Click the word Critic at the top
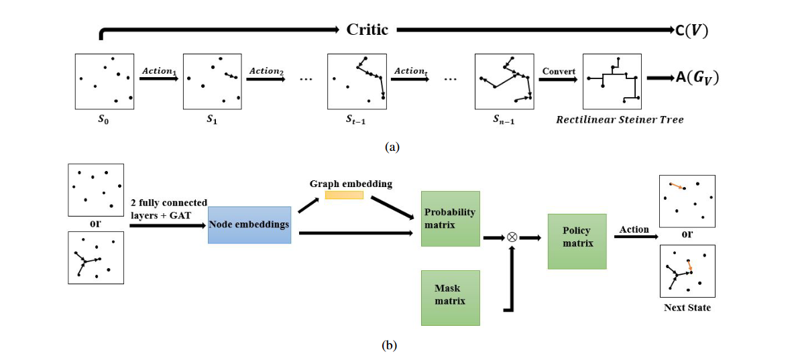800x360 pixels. [x=367, y=29]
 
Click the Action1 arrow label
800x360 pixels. [x=158, y=70]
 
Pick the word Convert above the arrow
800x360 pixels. [x=559, y=70]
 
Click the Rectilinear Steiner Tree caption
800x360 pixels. [x=620, y=120]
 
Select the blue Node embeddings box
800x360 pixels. [x=249, y=225]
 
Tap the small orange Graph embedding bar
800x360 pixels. [x=344, y=195]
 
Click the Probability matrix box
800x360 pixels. [x=450, y=219]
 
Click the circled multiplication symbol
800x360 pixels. [x=512, y=237]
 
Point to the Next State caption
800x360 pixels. [x=687, y=308]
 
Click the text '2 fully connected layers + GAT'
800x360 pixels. [x=169, y=208]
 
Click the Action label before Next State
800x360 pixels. [x=634, y=229]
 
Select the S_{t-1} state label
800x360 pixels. [x=356, y=121]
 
